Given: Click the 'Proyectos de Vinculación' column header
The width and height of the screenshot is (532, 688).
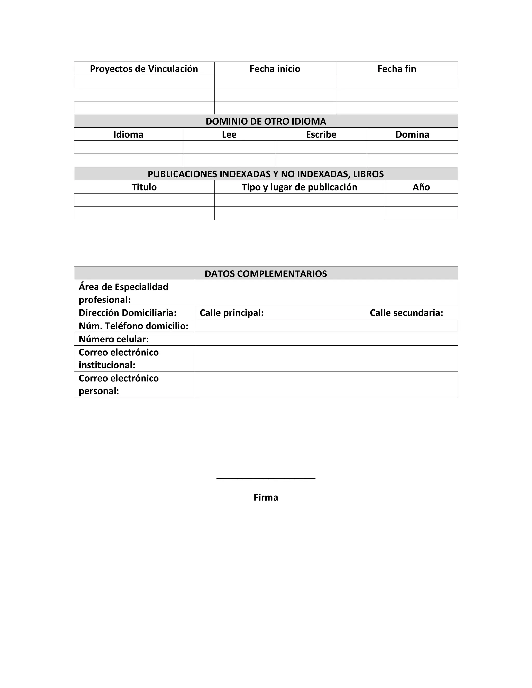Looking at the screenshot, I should [144, 69].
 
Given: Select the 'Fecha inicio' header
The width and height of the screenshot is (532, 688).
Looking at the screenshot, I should [275, 69].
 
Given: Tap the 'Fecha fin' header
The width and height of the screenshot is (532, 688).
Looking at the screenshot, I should [397, 69].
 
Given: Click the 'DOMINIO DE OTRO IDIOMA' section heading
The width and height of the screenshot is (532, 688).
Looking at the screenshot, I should [266, 121].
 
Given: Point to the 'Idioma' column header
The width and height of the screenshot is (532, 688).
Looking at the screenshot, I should [128, 134].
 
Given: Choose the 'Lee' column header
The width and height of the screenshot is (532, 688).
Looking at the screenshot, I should [229, 134].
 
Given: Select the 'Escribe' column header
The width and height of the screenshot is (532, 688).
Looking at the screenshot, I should [321, 134].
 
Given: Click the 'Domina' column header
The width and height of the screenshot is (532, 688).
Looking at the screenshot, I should [412, 134].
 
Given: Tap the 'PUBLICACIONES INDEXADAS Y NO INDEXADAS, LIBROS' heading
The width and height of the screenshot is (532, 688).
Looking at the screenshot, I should [266, 174].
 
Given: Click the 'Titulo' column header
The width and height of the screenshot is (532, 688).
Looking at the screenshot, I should [144, 187].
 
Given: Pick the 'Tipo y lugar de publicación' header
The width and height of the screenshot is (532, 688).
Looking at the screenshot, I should [300, 187].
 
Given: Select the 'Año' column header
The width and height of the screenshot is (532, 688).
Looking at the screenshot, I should [421, 187].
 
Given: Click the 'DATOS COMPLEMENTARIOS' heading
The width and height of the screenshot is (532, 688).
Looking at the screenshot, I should [266, 274].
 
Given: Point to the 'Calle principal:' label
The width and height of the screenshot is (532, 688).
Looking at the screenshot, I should [231, 313].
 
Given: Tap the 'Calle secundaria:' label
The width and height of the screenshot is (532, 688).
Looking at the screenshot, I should [406, 313].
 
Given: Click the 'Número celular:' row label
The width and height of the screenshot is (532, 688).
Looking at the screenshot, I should [114, 339].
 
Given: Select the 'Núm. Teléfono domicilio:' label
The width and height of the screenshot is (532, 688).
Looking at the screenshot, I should [133, 326].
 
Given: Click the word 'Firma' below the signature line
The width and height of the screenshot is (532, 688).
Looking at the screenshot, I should [266, 497].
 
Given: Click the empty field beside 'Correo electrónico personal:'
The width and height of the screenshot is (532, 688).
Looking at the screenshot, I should [326, 384].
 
